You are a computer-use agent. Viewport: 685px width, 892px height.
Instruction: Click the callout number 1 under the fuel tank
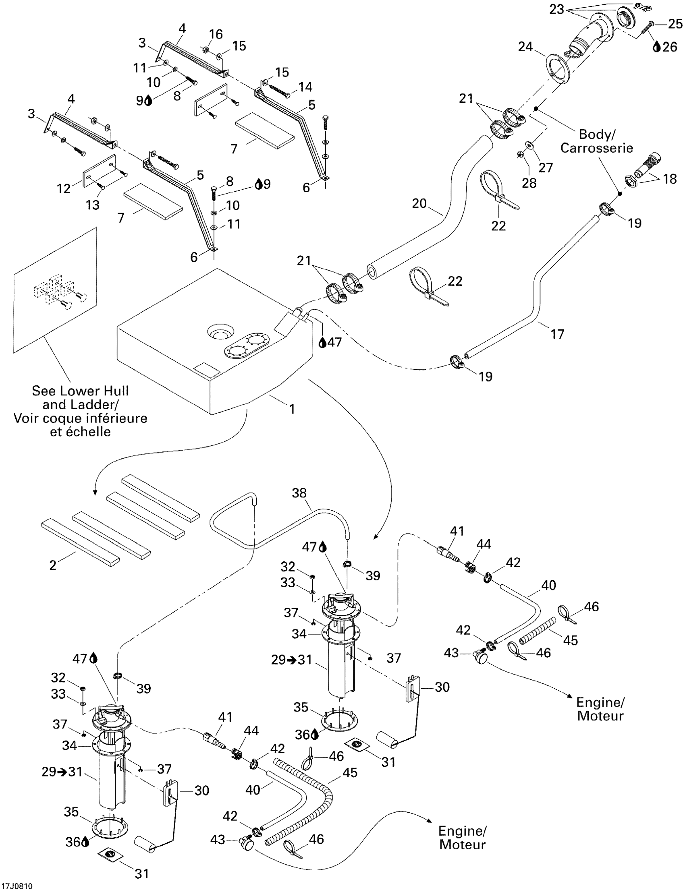[292, 409]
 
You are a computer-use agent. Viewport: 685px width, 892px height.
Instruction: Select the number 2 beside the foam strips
[53, 565]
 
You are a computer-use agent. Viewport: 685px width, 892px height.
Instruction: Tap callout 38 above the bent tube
[299, 493]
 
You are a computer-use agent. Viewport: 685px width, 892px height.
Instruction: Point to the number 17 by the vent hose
[557, 334]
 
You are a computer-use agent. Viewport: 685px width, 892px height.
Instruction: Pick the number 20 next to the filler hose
[419, 203]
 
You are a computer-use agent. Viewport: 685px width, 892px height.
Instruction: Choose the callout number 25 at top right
[675, 25]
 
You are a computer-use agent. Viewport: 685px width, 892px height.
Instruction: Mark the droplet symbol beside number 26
[656, 47]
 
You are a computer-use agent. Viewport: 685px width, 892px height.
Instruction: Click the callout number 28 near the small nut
[529, 183]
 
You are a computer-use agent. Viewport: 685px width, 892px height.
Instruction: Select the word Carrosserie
[596, 148]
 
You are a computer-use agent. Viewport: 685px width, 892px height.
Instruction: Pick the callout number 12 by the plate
[64, 188]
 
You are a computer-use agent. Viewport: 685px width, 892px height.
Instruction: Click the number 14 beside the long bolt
[305, 87]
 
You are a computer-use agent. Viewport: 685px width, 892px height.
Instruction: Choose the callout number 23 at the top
[556, 9]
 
